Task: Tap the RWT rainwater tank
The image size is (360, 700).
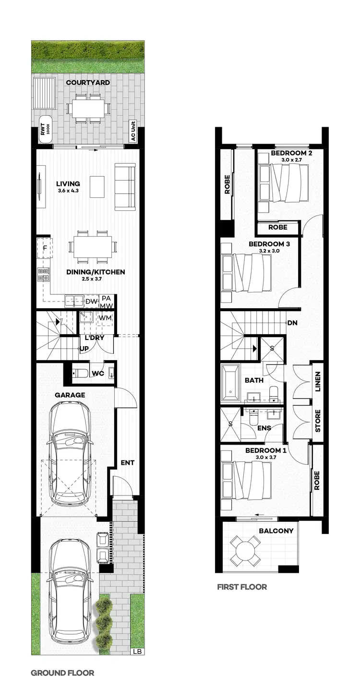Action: click(45, 128)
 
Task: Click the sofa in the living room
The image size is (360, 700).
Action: click(125, 186)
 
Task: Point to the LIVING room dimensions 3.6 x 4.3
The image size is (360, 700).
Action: click(68, 191)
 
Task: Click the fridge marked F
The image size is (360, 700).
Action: click(45, 248)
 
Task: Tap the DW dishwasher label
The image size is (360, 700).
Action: click(91, 302)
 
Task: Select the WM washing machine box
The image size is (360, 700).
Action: click(106, 318)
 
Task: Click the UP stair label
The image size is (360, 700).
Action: click(84, 349)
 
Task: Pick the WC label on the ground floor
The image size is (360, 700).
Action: click(98, 373)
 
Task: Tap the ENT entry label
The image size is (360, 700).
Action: click(127, 463)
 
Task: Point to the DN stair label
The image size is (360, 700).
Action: click(292, 323)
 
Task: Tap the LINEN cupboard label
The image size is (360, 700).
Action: click(317, 382)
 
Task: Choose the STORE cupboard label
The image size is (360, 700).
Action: click(317, 421)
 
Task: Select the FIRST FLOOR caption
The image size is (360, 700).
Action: click(242, 587)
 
